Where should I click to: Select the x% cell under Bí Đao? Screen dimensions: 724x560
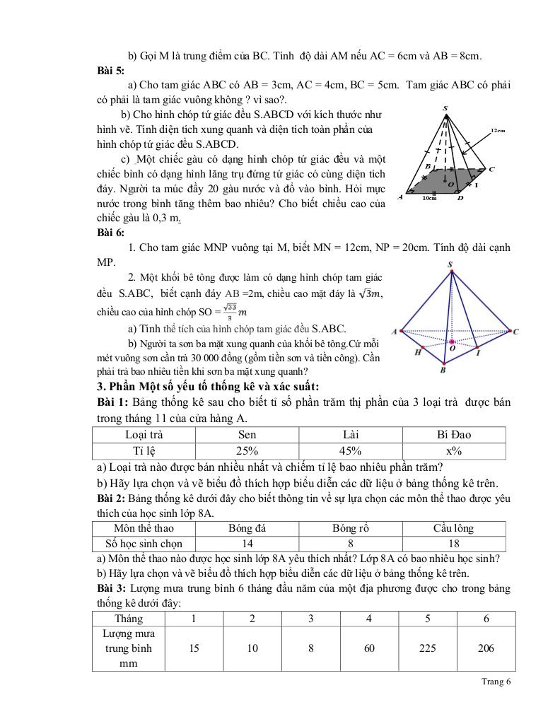click(454, 451)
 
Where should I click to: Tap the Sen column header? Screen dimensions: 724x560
click(247, 435)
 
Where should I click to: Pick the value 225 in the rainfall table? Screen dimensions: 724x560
click(428, 648)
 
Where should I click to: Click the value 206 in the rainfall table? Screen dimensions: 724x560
click(486, 648)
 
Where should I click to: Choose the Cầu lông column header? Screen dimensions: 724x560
click(454, 528)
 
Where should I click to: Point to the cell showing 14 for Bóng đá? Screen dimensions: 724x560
click(247, 544)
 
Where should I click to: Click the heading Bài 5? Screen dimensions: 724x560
click(111, 70)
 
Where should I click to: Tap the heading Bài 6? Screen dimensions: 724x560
click(111, 233)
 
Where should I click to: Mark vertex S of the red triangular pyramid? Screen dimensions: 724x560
click(451, 265)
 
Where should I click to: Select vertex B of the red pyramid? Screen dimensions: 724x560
click(443, 368)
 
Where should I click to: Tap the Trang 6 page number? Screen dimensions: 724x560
click(496, 682)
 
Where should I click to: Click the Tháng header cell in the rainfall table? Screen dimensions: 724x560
click(129, 619)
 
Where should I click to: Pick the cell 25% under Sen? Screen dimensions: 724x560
click(247, 451)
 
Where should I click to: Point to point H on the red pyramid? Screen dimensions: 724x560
click(419, 351)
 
